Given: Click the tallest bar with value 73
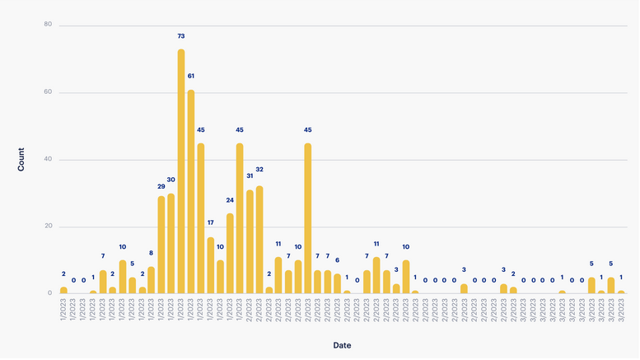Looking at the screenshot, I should coord(181,171).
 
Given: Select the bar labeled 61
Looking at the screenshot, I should coord(191,191).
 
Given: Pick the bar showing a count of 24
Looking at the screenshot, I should coord(230,253).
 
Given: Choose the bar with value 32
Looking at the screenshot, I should coord(259,240).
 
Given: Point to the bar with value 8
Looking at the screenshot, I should coord(152,280).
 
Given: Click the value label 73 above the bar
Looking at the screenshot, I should coord(181,36).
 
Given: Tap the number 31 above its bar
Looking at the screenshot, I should coord(250,175).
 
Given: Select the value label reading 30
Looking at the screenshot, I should coord(171,180).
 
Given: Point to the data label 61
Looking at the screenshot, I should coord(191,76).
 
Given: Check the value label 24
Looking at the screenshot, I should coord(230,200).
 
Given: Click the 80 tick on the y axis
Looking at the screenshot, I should coord(48,25).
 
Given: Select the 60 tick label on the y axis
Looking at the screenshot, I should coord(48,92).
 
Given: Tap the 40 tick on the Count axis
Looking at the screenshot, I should coord(48,160).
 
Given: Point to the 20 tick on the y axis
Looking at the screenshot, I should coord(48,227).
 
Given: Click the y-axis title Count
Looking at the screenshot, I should coord(21,159).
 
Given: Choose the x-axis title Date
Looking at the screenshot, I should coord(342,345).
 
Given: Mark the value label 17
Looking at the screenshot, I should coord(211,223).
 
